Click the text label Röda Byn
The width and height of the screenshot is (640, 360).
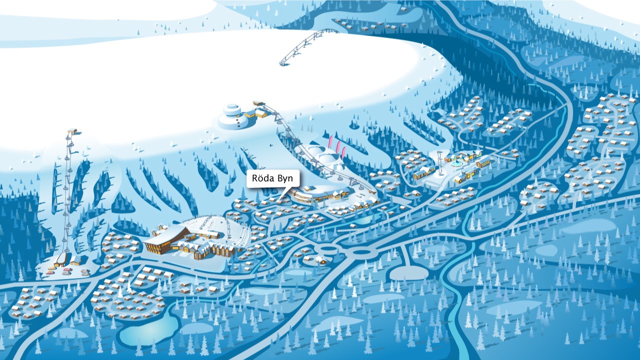click(x=273, y=178)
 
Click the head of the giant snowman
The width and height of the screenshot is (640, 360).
click(x=231, y=109)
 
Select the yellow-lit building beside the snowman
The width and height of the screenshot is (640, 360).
click(x=249, y=114)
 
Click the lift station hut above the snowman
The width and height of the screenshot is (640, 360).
click(x=259, y=103)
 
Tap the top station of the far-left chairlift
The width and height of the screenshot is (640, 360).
click(x=72, y=131)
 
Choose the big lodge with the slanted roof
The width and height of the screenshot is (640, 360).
click(x=165, y=240)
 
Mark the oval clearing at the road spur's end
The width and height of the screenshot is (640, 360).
click(x=408, y=273)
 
